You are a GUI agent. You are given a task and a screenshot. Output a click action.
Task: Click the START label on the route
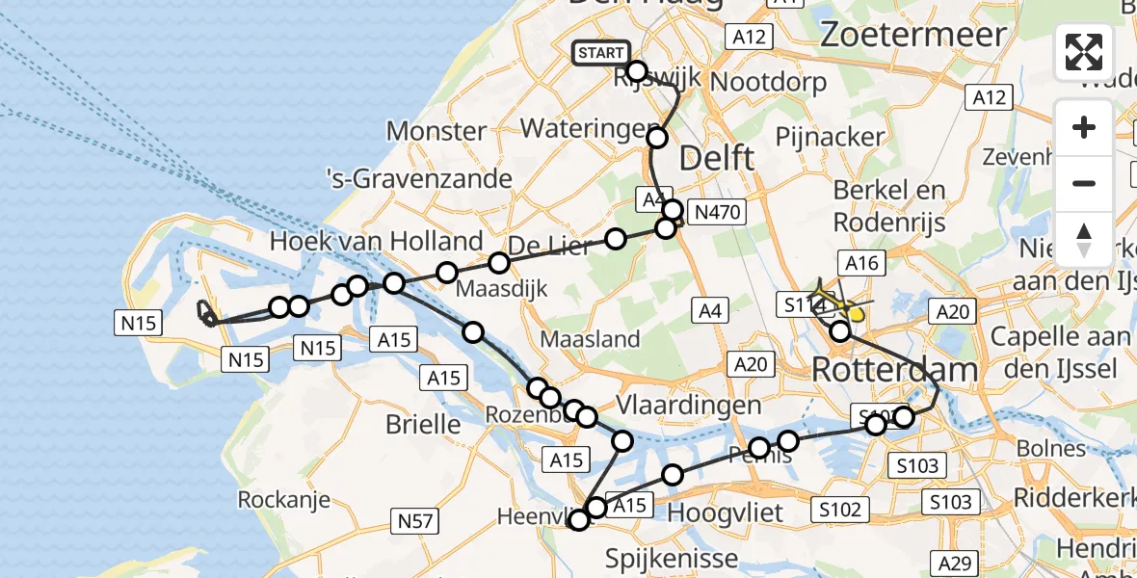click(601, 53)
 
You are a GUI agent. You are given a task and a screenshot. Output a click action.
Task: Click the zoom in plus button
click(1084, 127)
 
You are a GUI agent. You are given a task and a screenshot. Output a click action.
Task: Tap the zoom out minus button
click(1084, 183)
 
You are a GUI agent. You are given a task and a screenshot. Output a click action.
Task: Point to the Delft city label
click(717, 158)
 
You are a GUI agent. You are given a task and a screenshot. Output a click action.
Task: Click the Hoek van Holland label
click(377, 241)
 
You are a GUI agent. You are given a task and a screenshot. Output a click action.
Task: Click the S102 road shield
click(839, 509)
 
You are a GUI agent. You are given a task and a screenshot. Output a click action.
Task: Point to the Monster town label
click(436, 131)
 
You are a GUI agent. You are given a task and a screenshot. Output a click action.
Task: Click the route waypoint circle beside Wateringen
click(657, 138)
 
